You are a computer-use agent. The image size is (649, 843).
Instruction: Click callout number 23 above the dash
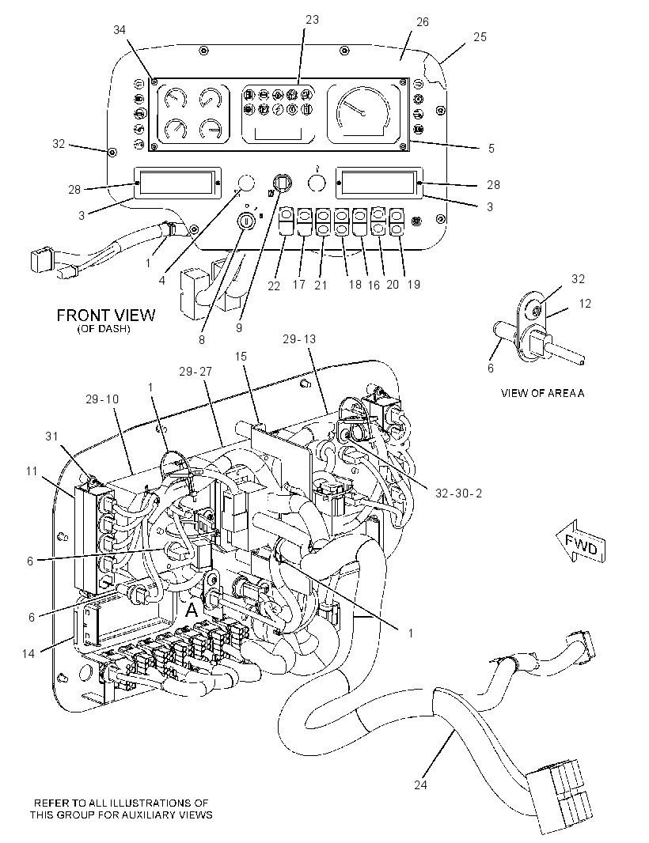312,20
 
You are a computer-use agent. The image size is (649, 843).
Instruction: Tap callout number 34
120,30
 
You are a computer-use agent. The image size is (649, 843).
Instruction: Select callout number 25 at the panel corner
480,37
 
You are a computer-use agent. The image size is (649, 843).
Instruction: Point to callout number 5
491,148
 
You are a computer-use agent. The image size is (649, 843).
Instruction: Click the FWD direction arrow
581,541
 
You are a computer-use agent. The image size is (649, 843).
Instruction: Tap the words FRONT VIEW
106,315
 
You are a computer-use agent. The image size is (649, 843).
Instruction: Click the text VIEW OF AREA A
542,393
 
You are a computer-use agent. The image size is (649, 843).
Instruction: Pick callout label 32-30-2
459,493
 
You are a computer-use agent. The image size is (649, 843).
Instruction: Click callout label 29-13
299,339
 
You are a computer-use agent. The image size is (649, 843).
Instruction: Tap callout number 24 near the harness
420,785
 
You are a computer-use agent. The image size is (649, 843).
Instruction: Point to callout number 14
28,653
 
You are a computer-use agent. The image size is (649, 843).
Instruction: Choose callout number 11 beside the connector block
32,471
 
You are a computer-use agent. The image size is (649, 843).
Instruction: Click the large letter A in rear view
192,611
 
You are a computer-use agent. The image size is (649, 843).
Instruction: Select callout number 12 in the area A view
585,304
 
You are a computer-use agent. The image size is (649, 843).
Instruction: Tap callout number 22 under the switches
274,286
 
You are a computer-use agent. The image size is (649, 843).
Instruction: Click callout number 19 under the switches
413,285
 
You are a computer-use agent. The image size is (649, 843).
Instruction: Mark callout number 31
51,436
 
